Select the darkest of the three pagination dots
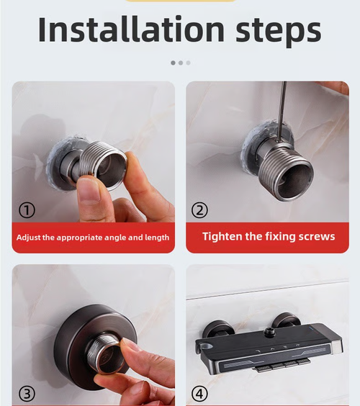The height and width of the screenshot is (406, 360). pos(173,63)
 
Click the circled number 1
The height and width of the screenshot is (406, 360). pos(27,209)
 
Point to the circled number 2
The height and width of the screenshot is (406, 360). pos(200,209)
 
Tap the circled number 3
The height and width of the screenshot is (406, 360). pos(27,393)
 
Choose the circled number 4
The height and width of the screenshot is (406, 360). pos(200,393)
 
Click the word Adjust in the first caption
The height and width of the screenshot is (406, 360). pos(32,237)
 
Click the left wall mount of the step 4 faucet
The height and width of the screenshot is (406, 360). pos(217,325)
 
